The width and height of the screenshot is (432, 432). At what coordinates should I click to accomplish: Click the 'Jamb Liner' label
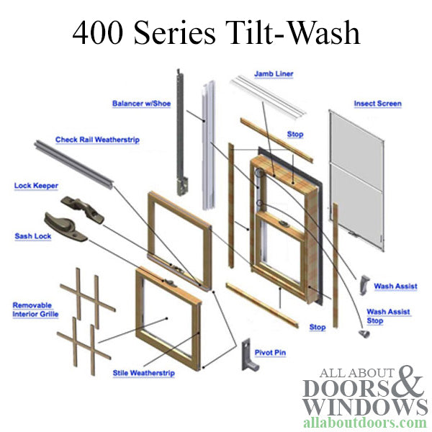point(274,73)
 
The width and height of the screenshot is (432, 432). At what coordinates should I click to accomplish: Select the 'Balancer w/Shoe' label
point(141,104)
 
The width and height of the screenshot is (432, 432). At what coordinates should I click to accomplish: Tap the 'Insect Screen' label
point(377,104)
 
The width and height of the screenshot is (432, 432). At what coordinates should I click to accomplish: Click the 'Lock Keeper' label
point(36,186)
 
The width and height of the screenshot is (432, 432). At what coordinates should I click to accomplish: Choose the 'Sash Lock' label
point(33,236)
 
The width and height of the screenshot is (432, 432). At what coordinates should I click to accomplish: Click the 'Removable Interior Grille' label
point(35,310)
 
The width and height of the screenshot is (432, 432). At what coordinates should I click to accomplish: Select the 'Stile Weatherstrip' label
point(143,373)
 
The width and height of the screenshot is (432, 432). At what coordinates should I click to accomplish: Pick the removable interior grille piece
point(86,310)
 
